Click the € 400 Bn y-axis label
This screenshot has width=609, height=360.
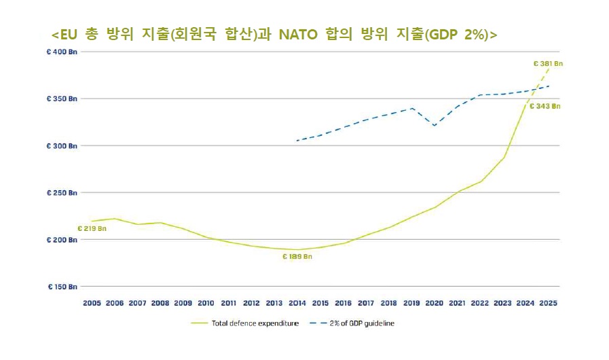click(62, 52)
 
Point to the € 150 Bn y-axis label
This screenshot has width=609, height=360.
click(62, 287)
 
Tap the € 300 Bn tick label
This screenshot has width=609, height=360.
click(62, 146)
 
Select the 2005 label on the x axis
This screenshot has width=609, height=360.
click(92, 303)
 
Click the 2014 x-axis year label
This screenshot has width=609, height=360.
click(297, 303)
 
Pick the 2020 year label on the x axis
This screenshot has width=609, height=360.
click(435, 303)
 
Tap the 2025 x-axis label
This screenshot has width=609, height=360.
click(549, 303)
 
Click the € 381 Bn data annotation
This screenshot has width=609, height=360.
click(548, 63)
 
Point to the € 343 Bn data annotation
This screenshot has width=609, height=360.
click(546, 106)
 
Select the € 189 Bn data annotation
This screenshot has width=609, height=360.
click(297, 257)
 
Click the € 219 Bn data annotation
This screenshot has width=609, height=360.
click(92, 228)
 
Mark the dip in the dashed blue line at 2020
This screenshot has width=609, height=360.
click(435, 126)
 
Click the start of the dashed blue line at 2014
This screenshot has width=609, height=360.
click(297, 141)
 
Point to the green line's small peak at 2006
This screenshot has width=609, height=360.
click(115, 219)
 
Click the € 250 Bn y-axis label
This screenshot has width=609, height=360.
click(62, 193)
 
